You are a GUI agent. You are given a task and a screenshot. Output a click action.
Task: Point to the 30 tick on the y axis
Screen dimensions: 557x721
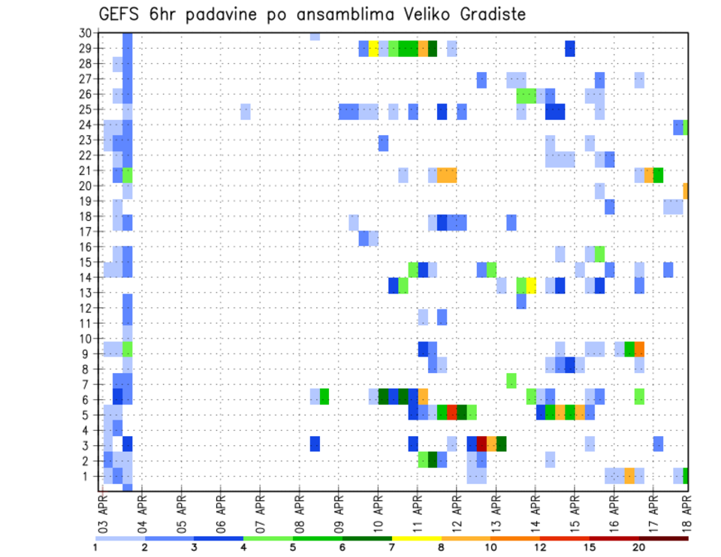coord(85,33)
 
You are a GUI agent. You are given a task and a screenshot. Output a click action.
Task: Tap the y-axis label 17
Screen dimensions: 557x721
coord(85,231)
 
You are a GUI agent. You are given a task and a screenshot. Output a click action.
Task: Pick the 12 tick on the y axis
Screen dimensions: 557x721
coord(85,308)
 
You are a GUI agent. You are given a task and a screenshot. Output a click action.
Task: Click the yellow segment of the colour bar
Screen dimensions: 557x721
coord(416,538)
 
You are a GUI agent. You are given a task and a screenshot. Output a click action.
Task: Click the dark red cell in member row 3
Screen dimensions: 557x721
coord(481,444)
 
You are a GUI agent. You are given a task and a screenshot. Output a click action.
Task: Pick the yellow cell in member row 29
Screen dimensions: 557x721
coord(373,49)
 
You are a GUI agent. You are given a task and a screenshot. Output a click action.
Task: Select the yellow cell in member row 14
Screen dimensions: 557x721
coord(531,285)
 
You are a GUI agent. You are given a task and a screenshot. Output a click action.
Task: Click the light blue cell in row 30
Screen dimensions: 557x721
coord(315,36)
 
